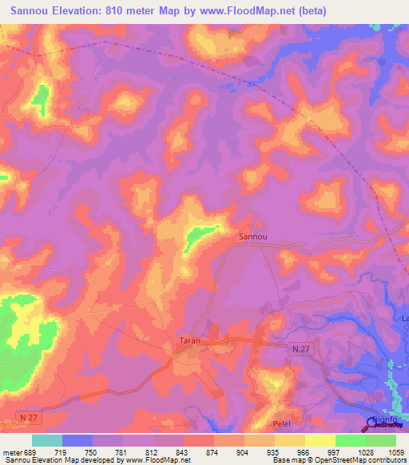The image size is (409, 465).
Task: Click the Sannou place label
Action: [253, 236]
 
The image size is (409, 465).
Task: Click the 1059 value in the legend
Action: [396, 452]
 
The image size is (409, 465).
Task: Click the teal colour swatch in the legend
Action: [47, 440]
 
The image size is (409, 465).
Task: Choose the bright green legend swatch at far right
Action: [380, 440]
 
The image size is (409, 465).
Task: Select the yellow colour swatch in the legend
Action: [320, 440]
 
